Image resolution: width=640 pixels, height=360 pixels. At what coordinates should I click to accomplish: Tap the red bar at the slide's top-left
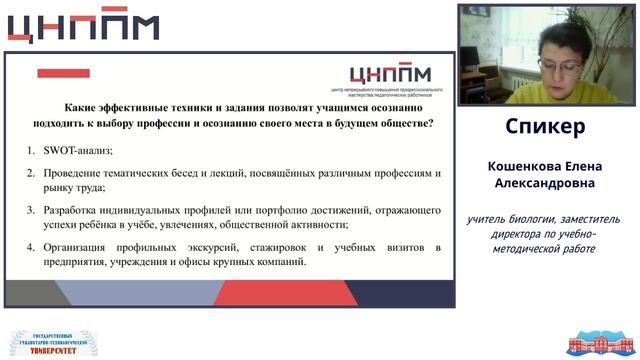tap(62, 73)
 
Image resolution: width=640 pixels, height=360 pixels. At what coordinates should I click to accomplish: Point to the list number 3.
tap(31, 210)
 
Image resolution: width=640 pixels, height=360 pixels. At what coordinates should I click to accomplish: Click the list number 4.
tap(31, 247)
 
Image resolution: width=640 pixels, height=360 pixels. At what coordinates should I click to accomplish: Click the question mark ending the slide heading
tap(430, 123)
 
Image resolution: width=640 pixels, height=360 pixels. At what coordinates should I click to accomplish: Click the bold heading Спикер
tap(545, 128)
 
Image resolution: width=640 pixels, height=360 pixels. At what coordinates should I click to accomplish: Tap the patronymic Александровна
tap(545, 185)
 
